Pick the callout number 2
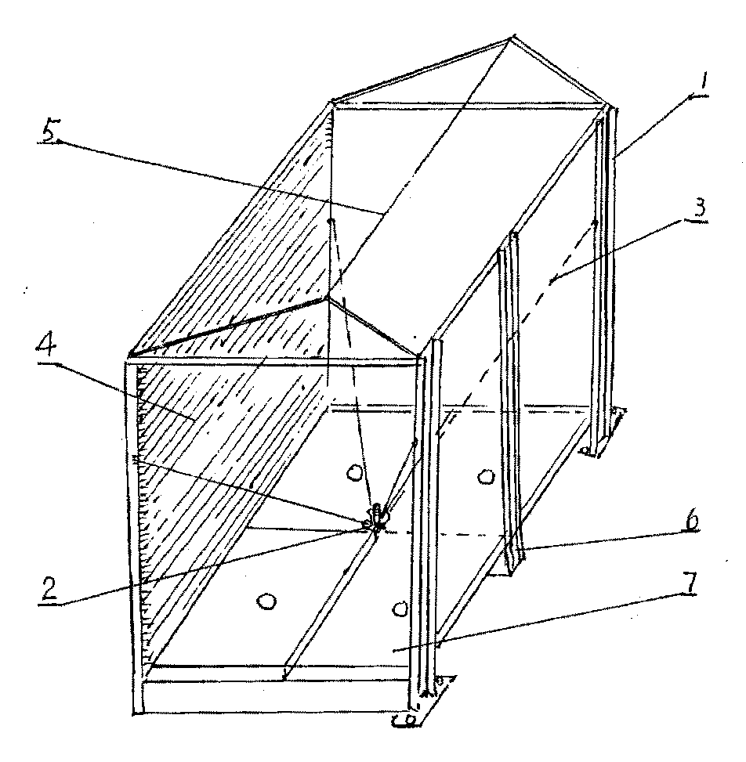click(49, 589)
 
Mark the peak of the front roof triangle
click(328, 298)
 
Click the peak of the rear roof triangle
click(512, 37)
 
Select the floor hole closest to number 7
click(400, 609)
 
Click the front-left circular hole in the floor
click(266, 601)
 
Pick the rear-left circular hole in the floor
click(354, 472)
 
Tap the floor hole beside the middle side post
click(485, 476)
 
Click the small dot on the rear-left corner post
click(331, 222)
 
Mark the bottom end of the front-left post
click(138, 712)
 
